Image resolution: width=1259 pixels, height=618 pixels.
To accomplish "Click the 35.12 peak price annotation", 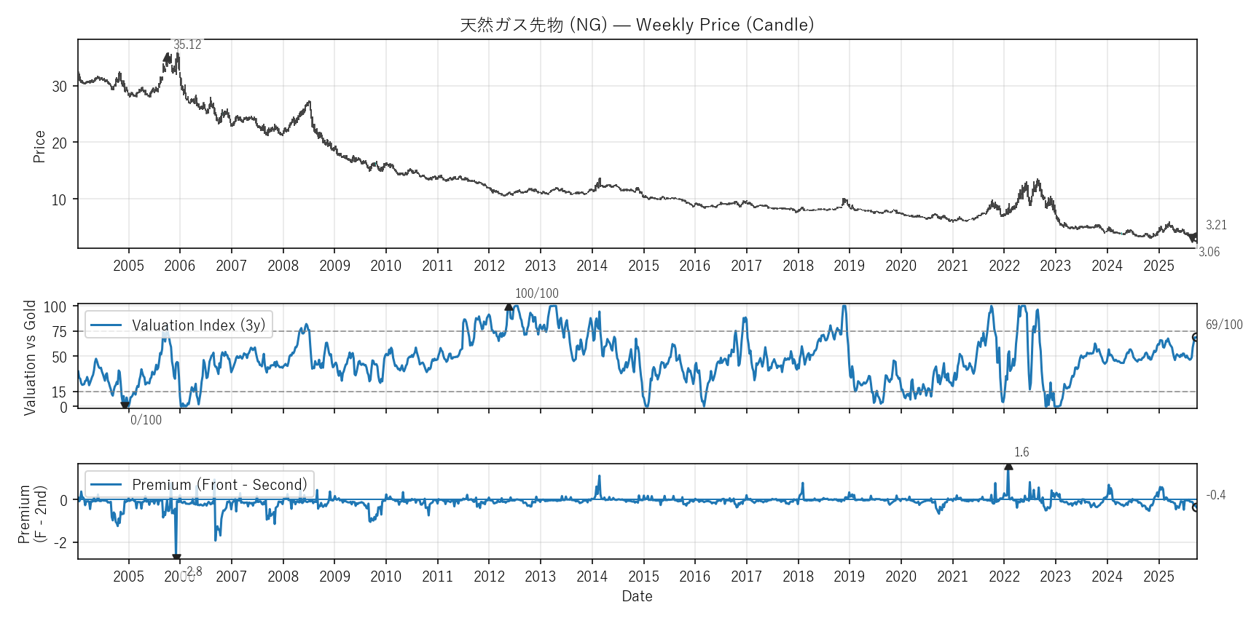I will point(187,45).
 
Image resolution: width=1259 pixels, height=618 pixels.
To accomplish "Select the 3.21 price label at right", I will point(1216,225).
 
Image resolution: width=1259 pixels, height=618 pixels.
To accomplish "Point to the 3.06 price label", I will point(1209,252).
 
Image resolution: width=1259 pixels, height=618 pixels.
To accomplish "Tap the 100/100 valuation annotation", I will point(537,293).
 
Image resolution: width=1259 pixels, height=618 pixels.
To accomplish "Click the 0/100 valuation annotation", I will point(146,420).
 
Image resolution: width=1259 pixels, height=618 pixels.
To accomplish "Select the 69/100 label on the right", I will point(1224,325).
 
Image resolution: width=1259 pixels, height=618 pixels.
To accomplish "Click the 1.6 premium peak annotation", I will point(1021,452).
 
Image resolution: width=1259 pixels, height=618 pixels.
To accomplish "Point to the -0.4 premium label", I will point(1215,495).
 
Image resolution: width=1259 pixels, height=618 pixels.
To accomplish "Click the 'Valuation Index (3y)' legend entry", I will point(198,325).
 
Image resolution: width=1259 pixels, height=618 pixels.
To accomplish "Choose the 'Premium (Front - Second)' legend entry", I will point(219,485).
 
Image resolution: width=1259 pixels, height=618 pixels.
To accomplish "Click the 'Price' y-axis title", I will point(39,146).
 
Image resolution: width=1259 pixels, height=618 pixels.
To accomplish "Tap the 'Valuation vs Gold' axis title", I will point(30,357).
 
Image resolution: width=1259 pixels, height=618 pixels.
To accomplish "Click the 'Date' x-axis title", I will point(637,596).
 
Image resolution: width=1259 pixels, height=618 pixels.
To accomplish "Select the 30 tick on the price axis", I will point(59,86).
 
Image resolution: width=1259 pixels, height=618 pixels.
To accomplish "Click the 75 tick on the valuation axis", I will point(59,332).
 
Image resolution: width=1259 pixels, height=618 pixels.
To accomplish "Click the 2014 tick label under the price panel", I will point(592,266).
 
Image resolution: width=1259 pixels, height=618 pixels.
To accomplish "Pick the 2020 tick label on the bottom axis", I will point(901,577).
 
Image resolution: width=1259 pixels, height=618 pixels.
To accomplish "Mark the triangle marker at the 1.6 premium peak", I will point(1008,466).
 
